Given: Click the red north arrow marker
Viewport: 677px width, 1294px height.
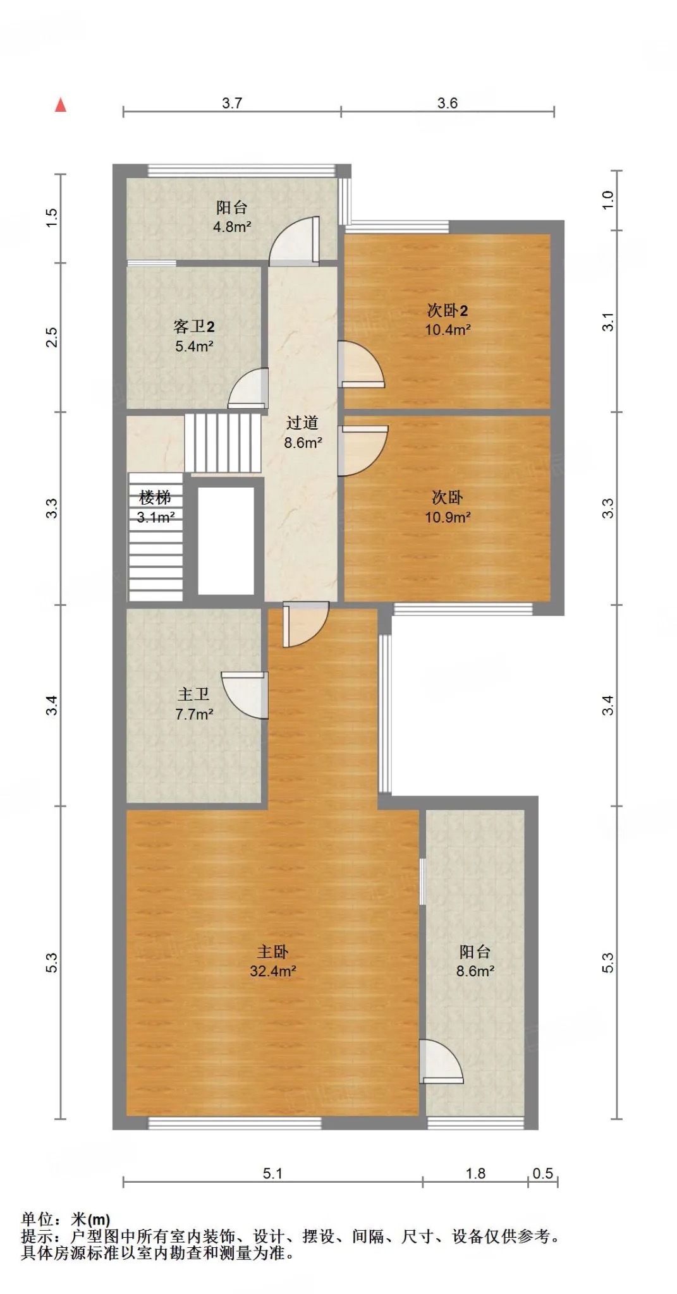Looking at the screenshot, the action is pos(61,105).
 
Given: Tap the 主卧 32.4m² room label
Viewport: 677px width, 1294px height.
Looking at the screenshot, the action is pos(272,961).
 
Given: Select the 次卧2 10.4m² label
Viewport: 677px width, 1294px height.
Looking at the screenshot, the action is pos(448,320).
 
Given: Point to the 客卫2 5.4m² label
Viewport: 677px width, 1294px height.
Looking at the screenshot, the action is pos(194,336).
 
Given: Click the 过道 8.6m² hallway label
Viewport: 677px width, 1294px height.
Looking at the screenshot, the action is pos(303,433).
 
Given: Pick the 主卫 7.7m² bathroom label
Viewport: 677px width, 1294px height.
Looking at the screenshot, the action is pos(194,704).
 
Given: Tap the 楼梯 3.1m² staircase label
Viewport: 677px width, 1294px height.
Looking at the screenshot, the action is pos(156,507).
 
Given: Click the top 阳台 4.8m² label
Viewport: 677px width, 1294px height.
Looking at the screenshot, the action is pos(232,217).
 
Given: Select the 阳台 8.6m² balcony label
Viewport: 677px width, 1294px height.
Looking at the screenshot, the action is pos(475,961).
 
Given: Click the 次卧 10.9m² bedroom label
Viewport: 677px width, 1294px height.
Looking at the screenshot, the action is pos(448,507).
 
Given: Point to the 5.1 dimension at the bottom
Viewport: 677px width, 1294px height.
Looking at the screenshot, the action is pos(272,1173).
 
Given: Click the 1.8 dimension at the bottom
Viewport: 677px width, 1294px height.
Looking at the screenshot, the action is pos(475,1173).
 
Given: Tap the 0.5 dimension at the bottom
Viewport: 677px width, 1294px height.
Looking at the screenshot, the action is pos(542,1173).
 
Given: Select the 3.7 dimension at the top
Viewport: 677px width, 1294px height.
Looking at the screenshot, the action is pos(232,103).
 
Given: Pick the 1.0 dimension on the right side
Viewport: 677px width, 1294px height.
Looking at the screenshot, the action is pos(607,200).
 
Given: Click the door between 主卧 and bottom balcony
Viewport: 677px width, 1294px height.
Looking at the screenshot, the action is pos(441,1061).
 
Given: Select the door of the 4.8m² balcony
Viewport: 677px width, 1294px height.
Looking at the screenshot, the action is pos(295,241).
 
